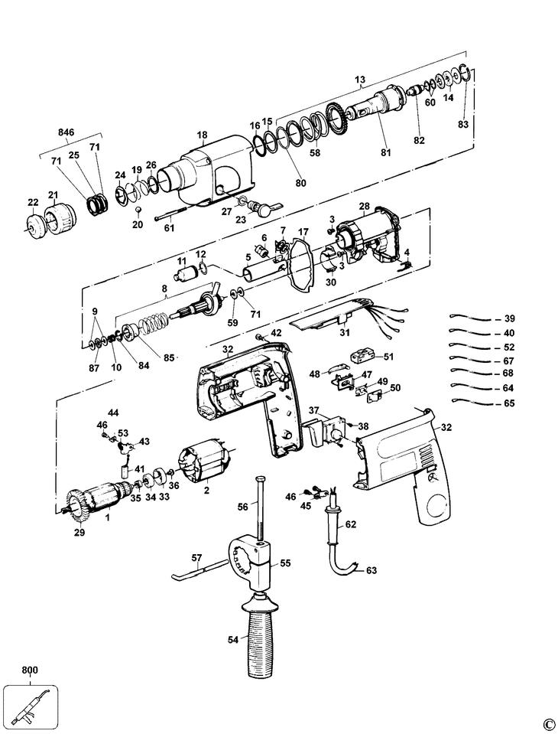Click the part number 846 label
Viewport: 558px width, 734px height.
pyautogui.click(x=66, y=132)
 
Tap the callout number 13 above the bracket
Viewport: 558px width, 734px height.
pyautogui.click(x=360, y=79)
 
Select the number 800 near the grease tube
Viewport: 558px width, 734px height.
pyautogui.click(x=30, y=670)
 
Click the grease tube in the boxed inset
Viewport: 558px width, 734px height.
pyautogui.click(x=31, y=705)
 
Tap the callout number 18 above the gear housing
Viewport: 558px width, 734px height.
pyautogui.click(x=202, y=135)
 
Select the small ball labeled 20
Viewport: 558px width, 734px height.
pyautogui.click(x=139, y=208)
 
